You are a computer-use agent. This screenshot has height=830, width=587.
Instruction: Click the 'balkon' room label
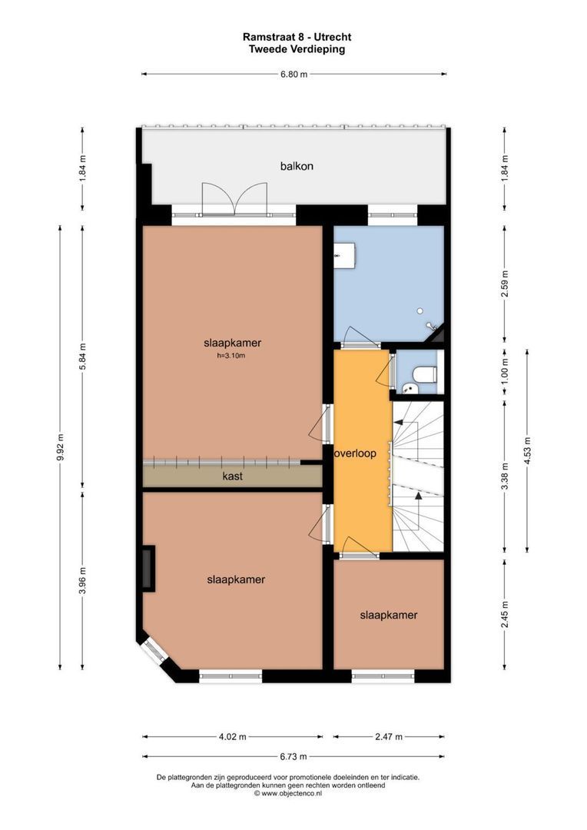[x=297, y=166]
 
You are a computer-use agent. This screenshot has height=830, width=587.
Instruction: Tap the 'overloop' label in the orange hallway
[x=355, y=453]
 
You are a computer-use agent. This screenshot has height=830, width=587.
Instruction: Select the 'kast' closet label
[x=233, y=476]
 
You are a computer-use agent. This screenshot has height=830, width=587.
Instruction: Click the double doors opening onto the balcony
[x=234, y=198]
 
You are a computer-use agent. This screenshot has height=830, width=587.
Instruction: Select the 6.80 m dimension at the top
[x=293, y=75]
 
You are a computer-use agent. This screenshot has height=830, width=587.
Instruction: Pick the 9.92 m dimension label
[x=61, y=447]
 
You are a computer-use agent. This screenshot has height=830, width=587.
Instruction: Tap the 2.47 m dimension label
[x=390, y=737]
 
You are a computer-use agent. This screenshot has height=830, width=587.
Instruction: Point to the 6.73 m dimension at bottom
[x=293, y=755]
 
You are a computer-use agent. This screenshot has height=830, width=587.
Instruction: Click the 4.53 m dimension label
[x=527, y=450]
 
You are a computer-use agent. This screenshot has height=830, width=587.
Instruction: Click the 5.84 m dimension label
[x=83, y=356]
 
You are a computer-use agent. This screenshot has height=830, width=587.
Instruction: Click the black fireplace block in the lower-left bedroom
[x=148, y=569]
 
